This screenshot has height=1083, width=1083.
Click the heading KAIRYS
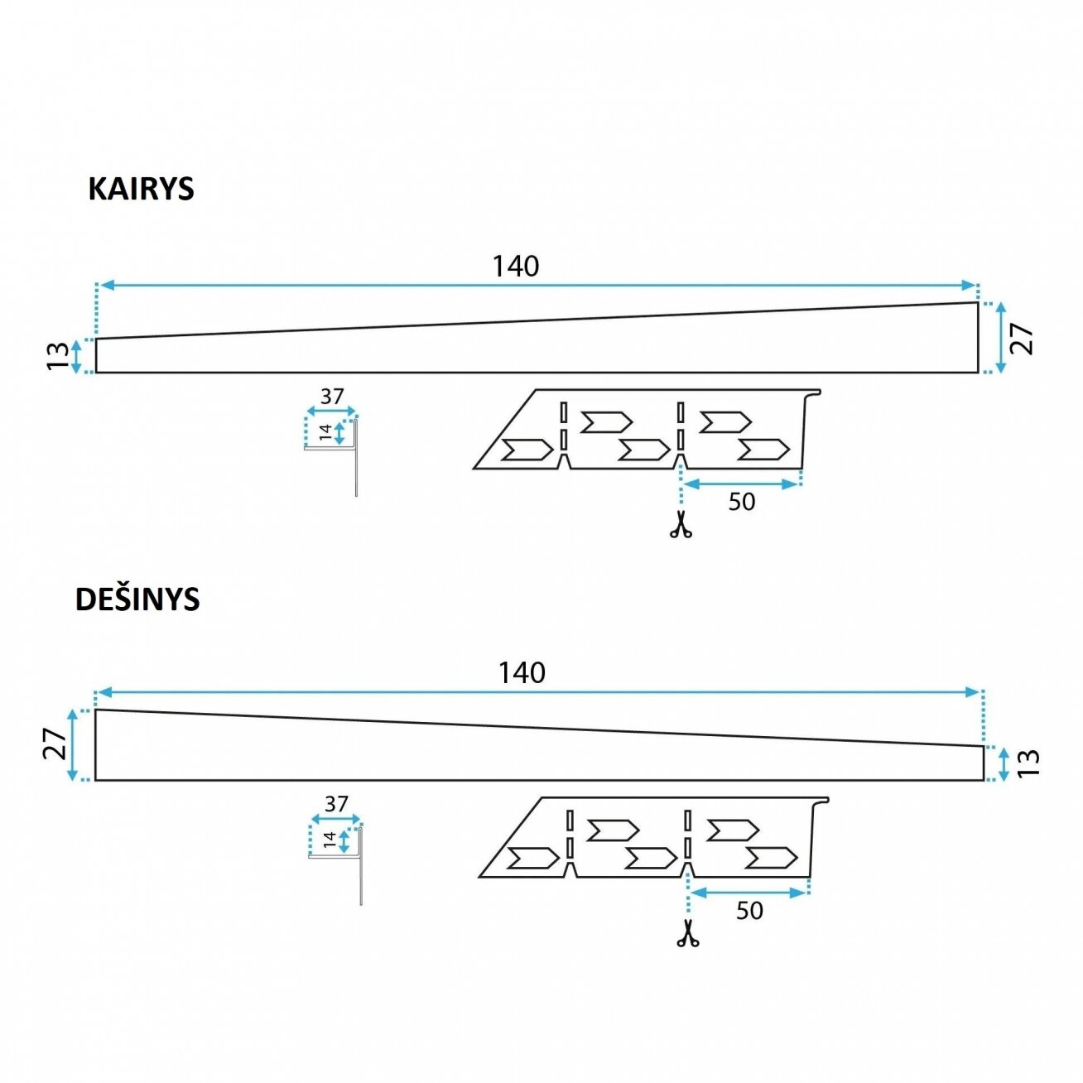coord(141,189)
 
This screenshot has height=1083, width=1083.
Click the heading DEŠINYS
coord(137,599)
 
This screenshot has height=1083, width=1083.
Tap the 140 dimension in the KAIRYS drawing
coord(515,267)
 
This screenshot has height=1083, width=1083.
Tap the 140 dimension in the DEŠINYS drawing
coord(522,672)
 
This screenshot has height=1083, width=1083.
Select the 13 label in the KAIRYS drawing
coord(57,356)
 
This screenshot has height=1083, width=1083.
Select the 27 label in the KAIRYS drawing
coord(1021,339)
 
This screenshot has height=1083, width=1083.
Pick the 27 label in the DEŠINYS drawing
coord(55,744)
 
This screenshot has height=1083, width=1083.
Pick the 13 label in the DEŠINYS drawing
coord(1028,763)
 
